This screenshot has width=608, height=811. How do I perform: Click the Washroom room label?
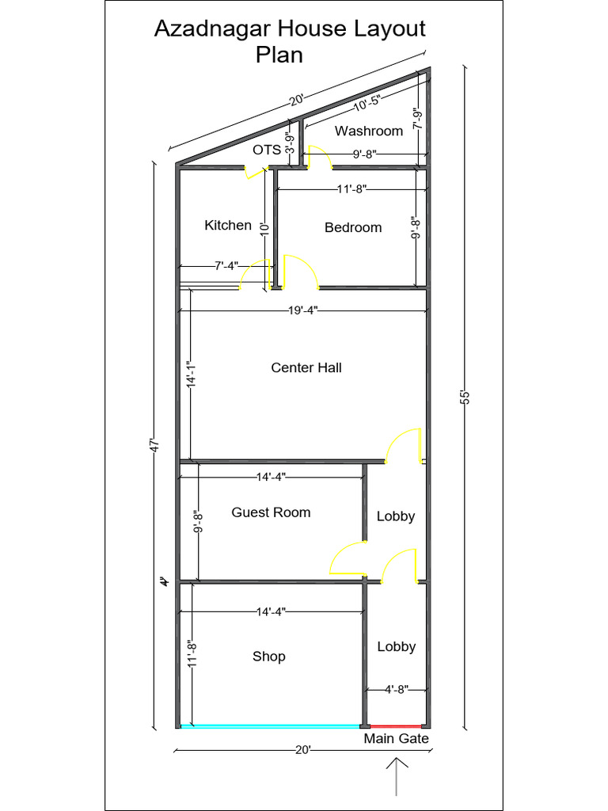(368, 131)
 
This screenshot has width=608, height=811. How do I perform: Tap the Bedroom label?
(353, 227)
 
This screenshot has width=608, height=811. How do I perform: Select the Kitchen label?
(228, 225)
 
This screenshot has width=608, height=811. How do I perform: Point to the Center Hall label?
(306, 367)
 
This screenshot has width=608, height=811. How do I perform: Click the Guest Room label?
(271, 512)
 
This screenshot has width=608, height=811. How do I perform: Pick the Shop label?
(269, 656)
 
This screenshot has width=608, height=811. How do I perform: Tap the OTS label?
(267, 149)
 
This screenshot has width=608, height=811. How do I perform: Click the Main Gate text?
(396, 739)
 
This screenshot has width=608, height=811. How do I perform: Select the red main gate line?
(395, 725)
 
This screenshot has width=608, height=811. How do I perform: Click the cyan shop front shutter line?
(269, 725)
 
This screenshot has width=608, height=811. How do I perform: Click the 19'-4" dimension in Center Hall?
(304, 312)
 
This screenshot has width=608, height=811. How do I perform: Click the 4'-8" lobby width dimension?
(396, 689)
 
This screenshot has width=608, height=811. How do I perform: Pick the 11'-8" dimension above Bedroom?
(351, 189)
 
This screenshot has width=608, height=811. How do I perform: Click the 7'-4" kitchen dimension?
(226, 265)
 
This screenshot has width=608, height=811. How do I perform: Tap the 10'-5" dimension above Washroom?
(366, 101)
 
